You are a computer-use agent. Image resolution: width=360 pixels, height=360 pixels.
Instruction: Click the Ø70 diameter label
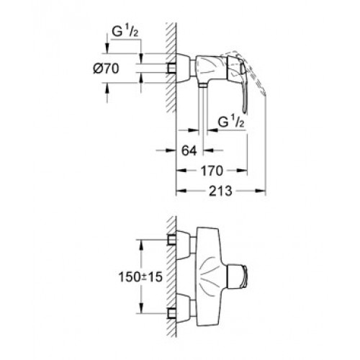coord(106,69)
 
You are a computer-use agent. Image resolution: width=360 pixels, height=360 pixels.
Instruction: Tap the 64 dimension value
coord(189,150)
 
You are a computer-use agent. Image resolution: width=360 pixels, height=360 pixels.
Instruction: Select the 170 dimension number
coord(212,171)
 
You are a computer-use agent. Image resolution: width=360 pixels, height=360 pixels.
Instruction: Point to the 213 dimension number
coord(221,191)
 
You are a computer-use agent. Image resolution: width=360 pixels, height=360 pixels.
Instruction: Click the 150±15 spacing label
coord(140,277)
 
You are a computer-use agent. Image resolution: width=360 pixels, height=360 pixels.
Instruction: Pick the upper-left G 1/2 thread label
coord(125,32)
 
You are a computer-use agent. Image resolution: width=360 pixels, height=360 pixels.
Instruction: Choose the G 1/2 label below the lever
coord(231,122)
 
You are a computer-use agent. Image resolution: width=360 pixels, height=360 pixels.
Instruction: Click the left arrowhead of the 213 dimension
coord(181,191)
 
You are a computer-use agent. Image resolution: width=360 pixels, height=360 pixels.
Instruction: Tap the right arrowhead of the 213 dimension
coord(261,191)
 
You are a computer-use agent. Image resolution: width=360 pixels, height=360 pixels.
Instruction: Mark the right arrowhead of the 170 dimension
coord(242,171)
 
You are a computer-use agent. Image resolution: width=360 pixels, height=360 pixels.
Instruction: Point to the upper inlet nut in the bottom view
coord(172,240)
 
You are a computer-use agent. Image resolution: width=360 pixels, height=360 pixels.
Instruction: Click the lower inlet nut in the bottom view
coord(172,313)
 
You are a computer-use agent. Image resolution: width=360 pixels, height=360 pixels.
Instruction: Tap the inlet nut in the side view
coord(172,68)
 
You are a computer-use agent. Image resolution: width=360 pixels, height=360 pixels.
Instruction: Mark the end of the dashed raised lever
coord(265,94)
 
